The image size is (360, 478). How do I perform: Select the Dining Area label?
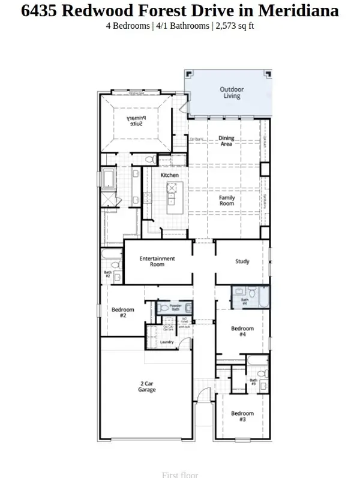pos(226,141)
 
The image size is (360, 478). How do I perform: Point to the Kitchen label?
pos(170,175)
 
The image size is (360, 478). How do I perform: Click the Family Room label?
pos(226,200)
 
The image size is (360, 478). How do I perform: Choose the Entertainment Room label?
pos(157,261)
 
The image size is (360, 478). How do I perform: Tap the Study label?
pos(242,261)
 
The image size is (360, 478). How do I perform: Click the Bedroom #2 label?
pos(122,312)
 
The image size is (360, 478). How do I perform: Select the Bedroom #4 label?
pos(242,332)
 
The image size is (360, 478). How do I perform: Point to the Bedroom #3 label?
pos(242,416)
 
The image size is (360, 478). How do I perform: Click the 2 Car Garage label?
pos(147,386)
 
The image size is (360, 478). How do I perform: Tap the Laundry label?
pos(167,342)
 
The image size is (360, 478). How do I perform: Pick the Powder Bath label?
pos(175,308)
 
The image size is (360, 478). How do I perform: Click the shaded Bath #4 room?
pos(251,297)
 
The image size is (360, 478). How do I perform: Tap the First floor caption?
pos(179,474)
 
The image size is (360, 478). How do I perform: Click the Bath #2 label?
pos(108,274)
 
